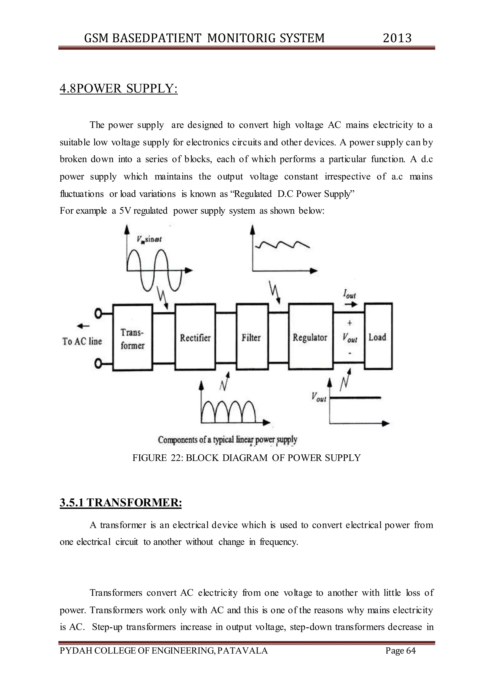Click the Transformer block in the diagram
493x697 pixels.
(x=132, y=338)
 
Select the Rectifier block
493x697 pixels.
(x=195, y=337)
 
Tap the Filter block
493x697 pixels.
(x=252, y=337)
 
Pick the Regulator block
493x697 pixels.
(x=310, y=337)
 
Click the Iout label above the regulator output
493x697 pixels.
(x=350, y=294)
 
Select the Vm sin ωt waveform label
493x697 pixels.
(x=149, y=239)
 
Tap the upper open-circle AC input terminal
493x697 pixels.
(x=98, y=313)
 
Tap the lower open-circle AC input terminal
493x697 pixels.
(x=98, y=363)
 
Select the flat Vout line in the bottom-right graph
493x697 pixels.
(x=355, y=397)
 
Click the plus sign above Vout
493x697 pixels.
(x=350, y=323)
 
